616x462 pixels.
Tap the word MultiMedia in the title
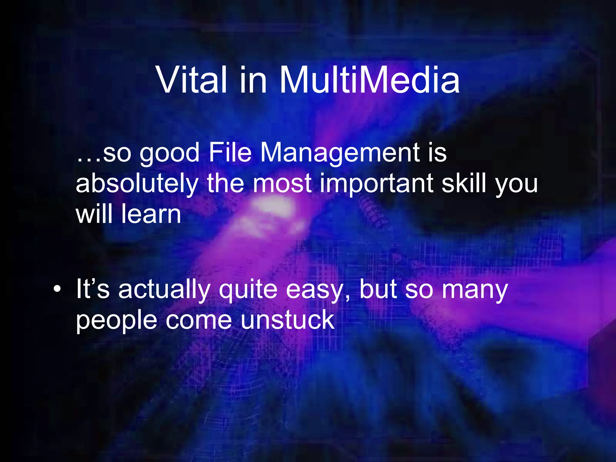[369, 80]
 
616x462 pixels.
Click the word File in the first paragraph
[230, 152]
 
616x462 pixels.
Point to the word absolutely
[137, 184]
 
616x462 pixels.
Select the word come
[199, 321]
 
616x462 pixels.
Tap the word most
[282, 184]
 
